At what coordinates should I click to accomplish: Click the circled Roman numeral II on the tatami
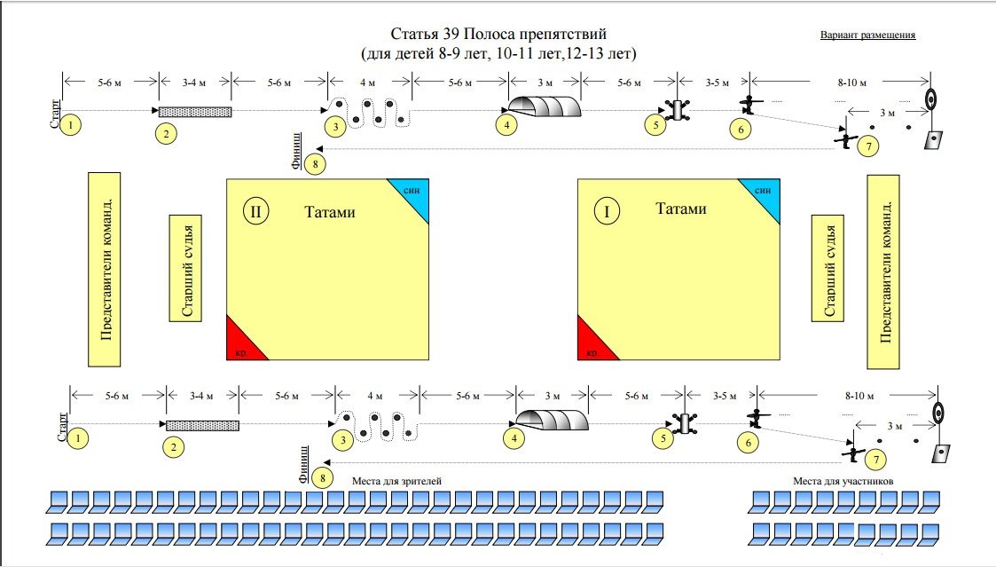coord(255,212)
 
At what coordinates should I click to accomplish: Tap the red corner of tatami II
coord(241,343)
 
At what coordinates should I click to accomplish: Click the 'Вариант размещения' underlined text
coord(867,35)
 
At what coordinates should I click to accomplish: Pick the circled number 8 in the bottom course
coord(324,478)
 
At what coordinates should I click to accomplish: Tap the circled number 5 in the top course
coord(655,125)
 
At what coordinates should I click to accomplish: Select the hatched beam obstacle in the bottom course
coord(202,425)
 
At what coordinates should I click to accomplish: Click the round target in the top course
coord(930,98)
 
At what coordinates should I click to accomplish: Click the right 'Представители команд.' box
coord(883,272)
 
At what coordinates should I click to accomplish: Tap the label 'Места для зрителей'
coord(396,480)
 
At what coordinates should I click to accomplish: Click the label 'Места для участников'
coord(842,480)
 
